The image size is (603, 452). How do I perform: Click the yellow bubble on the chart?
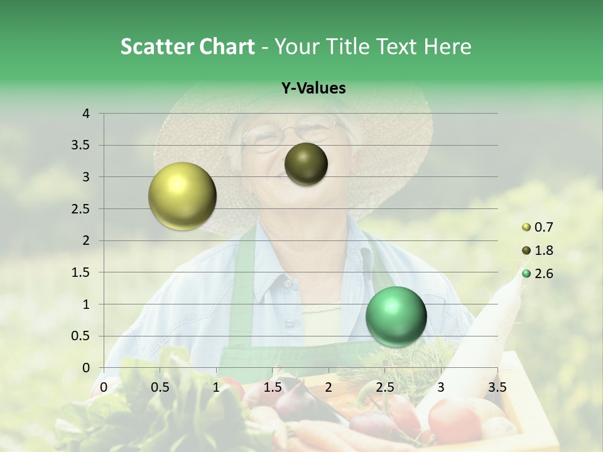pos(182,196)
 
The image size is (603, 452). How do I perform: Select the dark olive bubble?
pos(306,164)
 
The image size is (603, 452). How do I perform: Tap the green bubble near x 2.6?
pos(396,316)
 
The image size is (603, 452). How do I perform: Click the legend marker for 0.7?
pos(526,227)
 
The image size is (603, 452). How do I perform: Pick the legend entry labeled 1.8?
pos(543,250)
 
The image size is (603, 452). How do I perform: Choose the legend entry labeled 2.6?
pos(543,274)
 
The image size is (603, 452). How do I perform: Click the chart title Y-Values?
pos(313,89)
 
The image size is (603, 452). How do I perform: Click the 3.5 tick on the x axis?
pos(497,387)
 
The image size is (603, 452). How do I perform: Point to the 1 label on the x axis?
pos(216,387)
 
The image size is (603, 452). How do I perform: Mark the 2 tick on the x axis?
pos(329,387)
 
